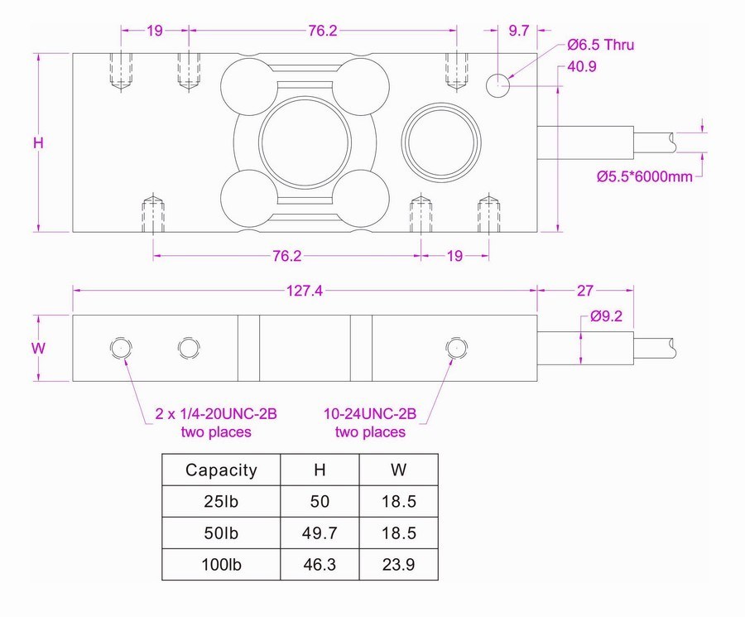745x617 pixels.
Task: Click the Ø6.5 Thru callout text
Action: point(600,46)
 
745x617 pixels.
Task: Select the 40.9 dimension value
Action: point(583,67)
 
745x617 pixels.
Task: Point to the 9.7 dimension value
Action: point(518,31)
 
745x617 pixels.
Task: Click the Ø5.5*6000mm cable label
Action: point(644,176)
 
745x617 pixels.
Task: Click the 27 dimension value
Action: point(584,291)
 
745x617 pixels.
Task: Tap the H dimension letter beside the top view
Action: point(38,142)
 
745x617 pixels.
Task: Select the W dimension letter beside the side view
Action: point(38,349)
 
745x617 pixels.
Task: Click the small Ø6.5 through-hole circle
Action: point(498,84)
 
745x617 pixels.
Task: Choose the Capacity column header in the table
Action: point(221,470)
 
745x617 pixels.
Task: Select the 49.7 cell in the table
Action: point(320,533)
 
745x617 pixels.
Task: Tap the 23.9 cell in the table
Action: point(398,565)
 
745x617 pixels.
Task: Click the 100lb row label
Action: point(221,565)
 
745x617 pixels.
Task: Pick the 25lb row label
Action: point(221,502)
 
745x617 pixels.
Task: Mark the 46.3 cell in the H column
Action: point(320,565)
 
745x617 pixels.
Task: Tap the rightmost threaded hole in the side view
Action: point(454,348)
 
